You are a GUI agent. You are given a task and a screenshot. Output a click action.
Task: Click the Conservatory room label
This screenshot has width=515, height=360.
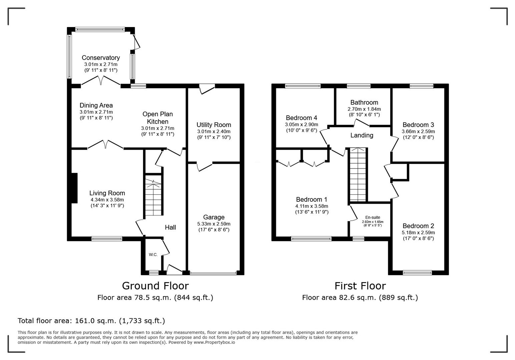tap(101, 58)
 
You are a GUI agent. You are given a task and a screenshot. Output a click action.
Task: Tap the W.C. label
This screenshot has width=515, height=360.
tap(153, 255)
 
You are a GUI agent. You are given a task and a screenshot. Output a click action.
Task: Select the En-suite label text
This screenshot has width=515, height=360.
tap(373, 217)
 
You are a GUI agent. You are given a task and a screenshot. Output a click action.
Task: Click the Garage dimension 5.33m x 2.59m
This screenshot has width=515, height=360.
tap(213, 224)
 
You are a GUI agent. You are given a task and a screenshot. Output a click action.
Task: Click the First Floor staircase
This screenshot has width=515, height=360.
tap(358, 175)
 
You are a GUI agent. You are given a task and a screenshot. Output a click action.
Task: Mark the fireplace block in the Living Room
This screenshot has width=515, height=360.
tap(74, 188)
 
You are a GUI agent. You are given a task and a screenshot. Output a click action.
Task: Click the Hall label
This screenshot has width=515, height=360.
tap(170, 227)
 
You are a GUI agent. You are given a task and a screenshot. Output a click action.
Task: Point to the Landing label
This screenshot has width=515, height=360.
tap(362, 135)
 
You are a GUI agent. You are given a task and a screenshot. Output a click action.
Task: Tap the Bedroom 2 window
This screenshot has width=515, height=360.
tap(417, 273)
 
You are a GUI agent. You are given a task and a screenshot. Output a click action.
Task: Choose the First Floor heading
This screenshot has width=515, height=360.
tap(360, 286)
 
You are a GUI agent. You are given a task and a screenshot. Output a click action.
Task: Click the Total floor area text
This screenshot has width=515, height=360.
tap(91, 321)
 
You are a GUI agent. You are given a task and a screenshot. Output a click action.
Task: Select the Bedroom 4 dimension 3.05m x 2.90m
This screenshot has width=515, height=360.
tap(302, 124)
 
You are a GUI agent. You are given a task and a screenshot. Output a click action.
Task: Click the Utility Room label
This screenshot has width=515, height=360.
tap(213, 125)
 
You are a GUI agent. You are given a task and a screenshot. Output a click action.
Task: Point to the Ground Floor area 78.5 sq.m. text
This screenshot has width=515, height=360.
tap(155, 297)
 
